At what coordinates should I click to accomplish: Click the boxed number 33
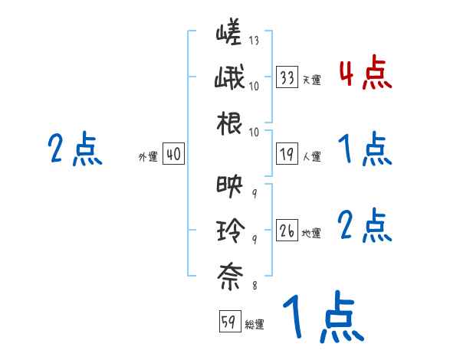287,78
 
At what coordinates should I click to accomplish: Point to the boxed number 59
229,322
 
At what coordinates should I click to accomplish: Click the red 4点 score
365,75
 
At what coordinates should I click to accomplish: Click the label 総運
254,324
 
